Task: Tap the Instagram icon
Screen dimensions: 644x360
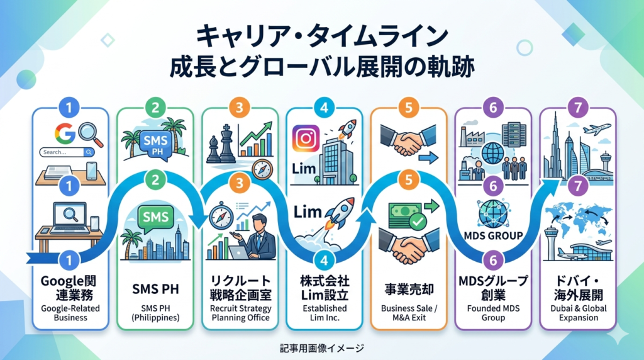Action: [306, 139]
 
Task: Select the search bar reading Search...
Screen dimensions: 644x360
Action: [67, 152]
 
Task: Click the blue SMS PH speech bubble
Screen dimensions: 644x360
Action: [156, 144]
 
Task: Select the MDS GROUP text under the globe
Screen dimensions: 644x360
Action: [493, 236]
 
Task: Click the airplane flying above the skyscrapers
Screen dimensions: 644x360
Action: [596, 130]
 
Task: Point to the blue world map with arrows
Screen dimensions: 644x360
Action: [579, 219]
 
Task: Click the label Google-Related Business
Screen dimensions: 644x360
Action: [70, 313]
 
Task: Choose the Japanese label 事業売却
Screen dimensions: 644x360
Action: [409, 290]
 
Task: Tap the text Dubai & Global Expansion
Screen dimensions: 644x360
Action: [579, 313]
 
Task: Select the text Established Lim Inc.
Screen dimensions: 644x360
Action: [325, 313]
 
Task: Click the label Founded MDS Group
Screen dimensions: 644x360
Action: [493, 313]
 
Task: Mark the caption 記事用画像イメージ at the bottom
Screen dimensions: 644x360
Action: [322, 349]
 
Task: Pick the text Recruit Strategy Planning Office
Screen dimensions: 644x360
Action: [240, 313]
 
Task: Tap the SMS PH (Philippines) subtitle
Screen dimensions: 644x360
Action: [155, 313]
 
